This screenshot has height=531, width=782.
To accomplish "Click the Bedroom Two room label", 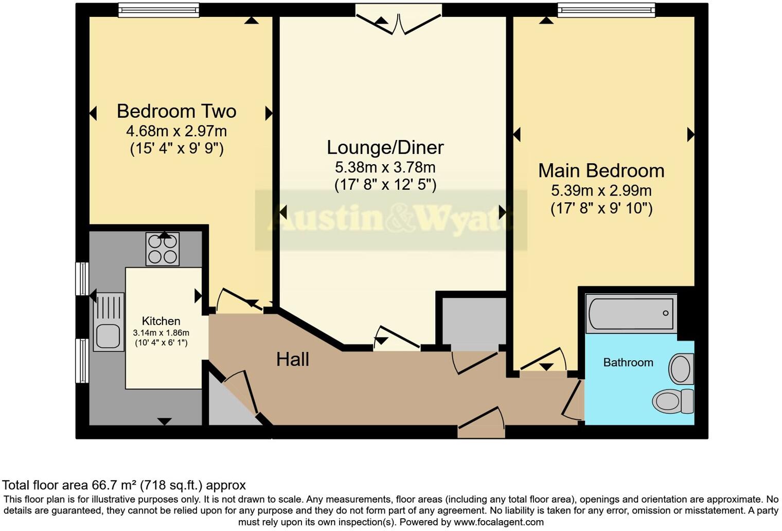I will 176,111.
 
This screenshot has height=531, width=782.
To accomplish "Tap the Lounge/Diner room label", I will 385,148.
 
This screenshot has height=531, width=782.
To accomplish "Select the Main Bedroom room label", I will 601,171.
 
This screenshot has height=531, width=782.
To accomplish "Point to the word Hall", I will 292,359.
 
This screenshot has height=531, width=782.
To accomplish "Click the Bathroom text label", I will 628,362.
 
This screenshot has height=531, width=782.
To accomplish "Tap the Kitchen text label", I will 161,321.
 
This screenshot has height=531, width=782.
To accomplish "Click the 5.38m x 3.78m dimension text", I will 385,167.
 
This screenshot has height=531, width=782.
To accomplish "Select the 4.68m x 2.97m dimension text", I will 176,131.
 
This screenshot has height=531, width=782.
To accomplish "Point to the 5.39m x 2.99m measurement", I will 601,191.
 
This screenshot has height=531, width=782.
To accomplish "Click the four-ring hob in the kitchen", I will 163,250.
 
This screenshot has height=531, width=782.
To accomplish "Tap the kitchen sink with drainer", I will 109,322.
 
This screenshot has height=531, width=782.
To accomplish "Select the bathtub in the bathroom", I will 631,313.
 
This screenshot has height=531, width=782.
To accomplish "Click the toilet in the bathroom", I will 674,401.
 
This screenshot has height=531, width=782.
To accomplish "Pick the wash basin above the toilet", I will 681,369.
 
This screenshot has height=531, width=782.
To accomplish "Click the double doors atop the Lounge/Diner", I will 399,21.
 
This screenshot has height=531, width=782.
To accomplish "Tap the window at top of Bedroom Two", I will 158,10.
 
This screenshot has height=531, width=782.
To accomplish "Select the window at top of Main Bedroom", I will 606,10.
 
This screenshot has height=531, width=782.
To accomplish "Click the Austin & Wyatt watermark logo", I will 391,220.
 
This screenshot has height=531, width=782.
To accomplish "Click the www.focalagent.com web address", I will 497,522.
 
